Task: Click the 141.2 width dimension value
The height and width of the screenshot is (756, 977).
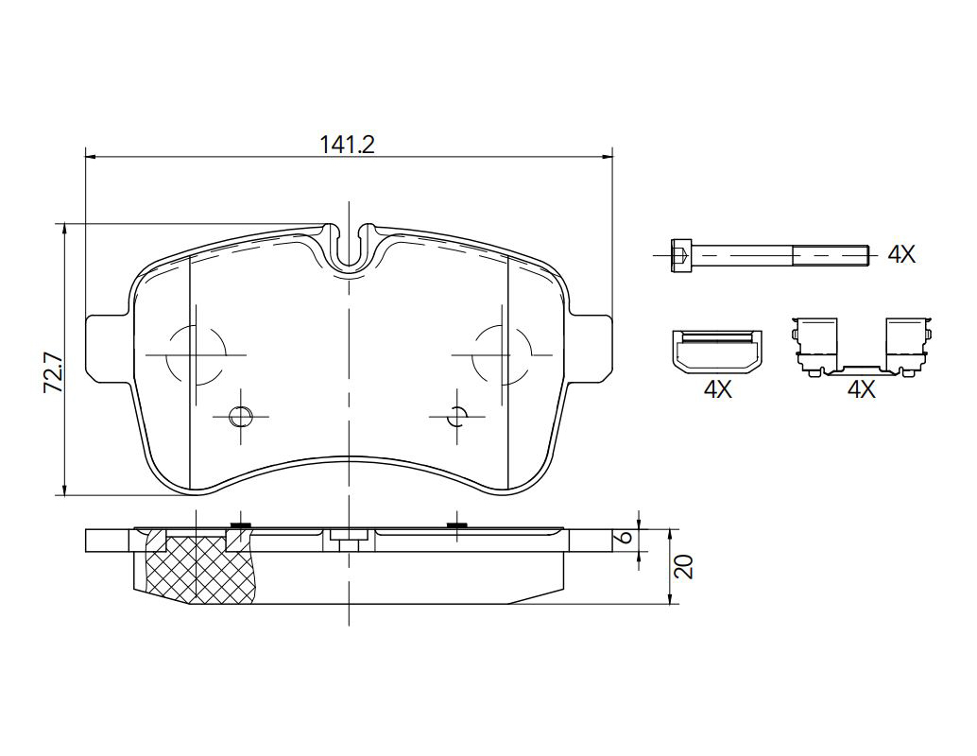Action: tap(347, 145)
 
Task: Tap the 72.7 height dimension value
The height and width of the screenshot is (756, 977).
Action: tap(52, 372)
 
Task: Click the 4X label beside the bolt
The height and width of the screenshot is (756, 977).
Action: tap(901, 254)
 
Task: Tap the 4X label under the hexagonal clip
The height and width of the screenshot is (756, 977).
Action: tap(717, 389)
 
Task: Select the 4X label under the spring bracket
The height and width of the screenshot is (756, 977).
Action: tap(861, 389)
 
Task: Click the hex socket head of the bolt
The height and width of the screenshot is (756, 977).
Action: tap(681, 254)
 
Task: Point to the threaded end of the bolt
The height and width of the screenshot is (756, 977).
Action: tap(831, 254)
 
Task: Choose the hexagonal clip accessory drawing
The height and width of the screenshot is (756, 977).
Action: tap(717, 352)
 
